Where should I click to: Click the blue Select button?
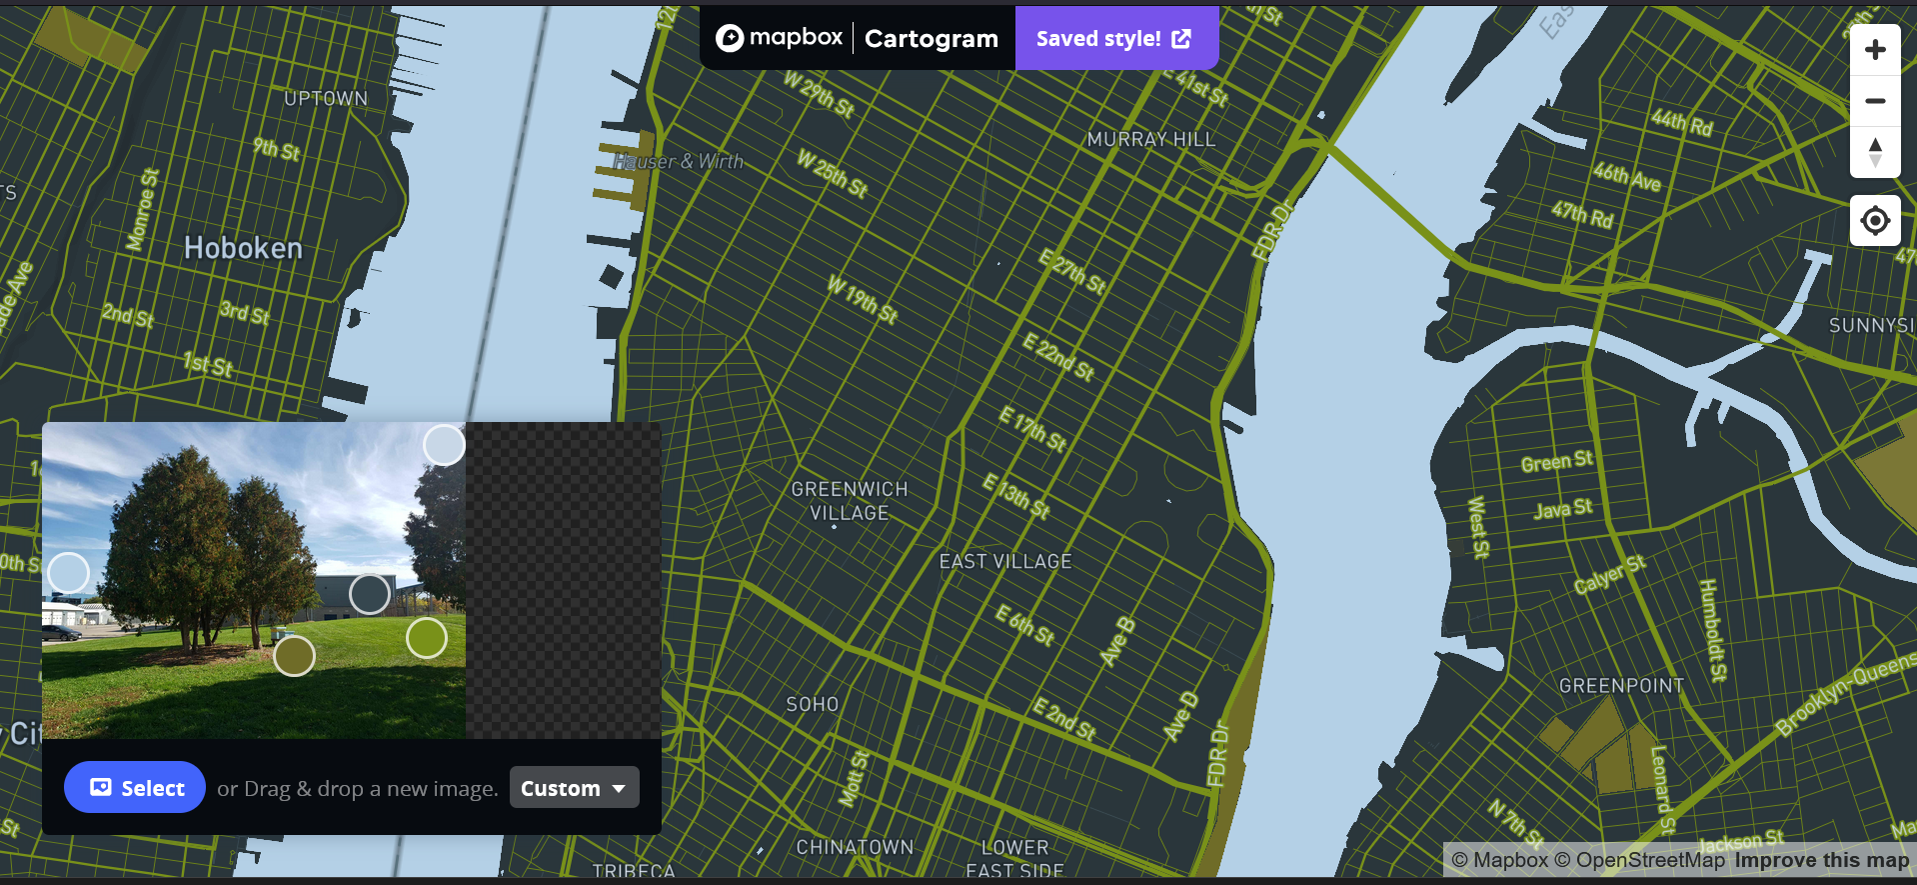coord(135,788)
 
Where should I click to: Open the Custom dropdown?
coord(574,788)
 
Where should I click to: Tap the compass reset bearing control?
coord(1875,152)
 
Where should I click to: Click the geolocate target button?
coord(1875,221)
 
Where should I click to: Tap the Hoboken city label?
coord(243,248)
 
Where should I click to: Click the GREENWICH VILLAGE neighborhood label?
coord(850,501)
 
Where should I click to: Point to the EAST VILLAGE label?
coord(1005,562)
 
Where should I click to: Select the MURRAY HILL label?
coord(1151,140)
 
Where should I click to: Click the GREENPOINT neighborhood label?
coord(1621,686)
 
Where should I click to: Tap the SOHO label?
coord(813,705)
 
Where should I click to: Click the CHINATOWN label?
coord(855,847)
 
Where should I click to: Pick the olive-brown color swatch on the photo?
coord(295,656)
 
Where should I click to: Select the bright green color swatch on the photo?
coord(427,638)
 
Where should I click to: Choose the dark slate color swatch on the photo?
coord(370,594)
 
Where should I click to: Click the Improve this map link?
coord(1821,860)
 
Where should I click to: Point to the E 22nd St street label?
coord(1058,357)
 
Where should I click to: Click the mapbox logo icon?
coord(731,38)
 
